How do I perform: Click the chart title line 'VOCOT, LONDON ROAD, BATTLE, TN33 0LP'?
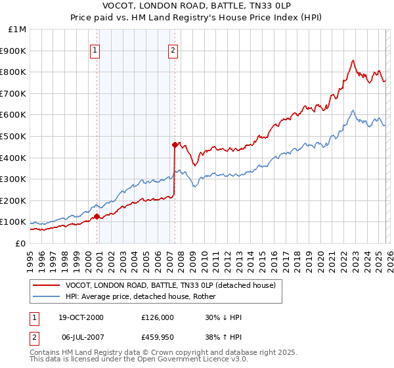pos(196,6)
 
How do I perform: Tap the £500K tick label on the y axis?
pos(14,136)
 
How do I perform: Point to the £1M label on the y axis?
pos(18,29)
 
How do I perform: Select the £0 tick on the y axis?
pos(21,243)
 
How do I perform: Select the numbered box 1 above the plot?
pos(95,49)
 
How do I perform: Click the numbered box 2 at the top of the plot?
pos(172,49)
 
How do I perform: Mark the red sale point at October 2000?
pos(97,216)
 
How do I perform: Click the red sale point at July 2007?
pos(175,145)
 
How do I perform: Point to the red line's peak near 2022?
pos(353,60)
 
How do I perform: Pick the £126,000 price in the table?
pos(158,317)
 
